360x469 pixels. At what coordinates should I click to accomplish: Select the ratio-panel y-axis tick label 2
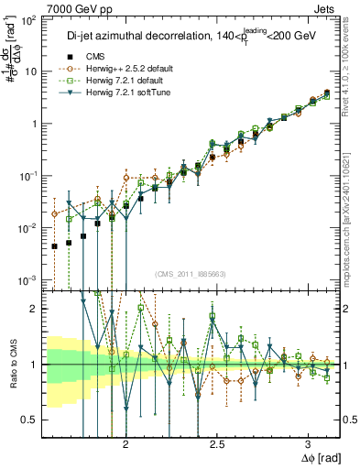pos(35,309)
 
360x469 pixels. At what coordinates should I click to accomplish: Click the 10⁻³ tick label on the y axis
pos(28,280)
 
